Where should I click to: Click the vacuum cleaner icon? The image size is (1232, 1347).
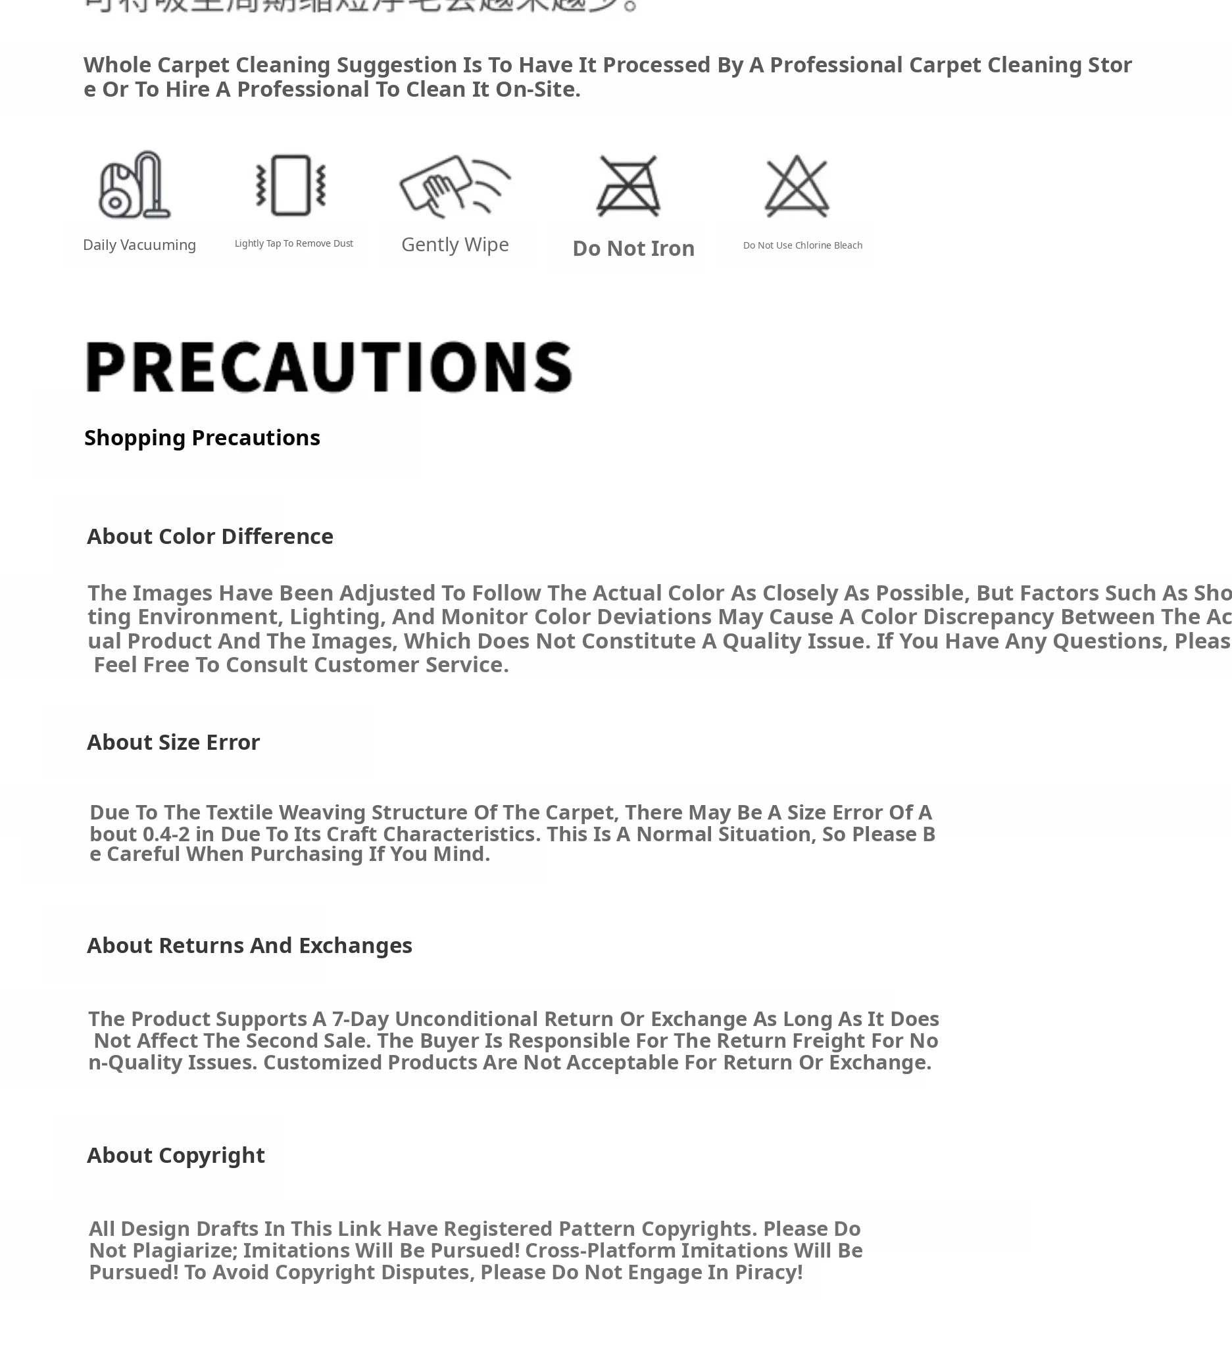[135, 185]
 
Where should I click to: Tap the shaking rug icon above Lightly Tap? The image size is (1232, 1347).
[291, 185]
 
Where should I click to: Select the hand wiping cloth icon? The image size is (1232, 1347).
[455, 185]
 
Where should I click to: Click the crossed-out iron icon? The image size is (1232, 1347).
[628, 185]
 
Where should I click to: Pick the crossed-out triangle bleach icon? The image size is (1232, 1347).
[797, 185]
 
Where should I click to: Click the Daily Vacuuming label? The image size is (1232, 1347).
[139, 245]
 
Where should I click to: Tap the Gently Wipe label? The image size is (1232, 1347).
[455, 245]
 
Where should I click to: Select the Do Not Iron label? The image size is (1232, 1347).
[633, 249]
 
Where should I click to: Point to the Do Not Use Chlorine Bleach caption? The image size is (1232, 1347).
[802, 245]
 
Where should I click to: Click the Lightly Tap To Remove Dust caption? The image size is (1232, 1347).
[294, 243]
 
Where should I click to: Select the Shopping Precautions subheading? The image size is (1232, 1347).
[202, 437]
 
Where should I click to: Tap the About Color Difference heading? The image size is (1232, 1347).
[210, 537]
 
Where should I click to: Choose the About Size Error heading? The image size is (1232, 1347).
[173, 743]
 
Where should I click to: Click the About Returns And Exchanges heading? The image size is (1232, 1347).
[249, 945]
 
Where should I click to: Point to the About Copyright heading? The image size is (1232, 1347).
[176, 1155]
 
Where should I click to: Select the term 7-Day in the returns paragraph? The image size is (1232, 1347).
[360, 1019]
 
